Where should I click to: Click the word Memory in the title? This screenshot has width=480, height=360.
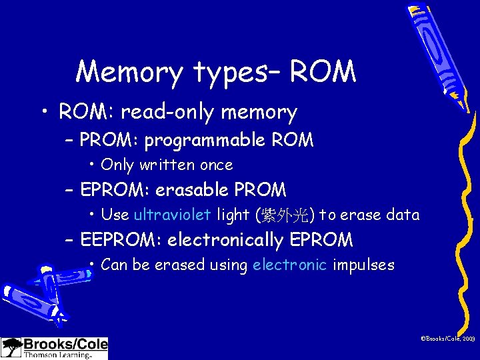129,72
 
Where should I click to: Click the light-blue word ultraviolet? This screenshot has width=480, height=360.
172,215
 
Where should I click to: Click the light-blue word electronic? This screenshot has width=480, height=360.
289,265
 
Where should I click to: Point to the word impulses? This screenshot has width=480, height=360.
363,265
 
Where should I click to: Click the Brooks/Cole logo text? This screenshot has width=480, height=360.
65,345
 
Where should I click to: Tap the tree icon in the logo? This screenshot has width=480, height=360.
11,348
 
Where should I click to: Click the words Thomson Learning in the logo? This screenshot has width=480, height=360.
57,355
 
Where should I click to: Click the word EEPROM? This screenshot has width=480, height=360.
121,239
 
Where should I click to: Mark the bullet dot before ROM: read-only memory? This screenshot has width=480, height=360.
43,113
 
